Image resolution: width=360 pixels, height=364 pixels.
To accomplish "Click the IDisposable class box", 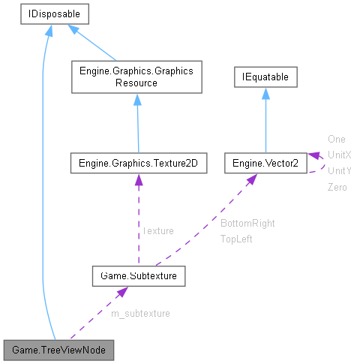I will point(46,13).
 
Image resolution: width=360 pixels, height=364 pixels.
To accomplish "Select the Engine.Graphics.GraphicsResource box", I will point(136,77).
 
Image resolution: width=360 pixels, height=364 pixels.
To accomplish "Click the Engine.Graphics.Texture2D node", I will point(137,162).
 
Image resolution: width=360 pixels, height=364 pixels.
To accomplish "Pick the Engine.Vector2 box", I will point(265,162).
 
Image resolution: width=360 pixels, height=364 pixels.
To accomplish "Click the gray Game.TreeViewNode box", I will point(58,350).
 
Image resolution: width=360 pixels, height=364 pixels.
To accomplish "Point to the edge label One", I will point(336,139).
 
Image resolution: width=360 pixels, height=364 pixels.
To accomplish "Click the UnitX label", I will point(339,155).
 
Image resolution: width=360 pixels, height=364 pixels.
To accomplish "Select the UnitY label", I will point(339,170).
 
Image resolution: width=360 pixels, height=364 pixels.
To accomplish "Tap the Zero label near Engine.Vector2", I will point(337,187).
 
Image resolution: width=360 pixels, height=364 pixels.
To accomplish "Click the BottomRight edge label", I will point(247,224).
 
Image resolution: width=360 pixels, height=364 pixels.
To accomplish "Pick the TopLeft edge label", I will point(236,239).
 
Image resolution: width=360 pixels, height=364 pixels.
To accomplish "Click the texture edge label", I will point(158,231).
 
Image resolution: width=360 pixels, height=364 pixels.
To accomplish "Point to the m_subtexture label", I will point(145,313).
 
